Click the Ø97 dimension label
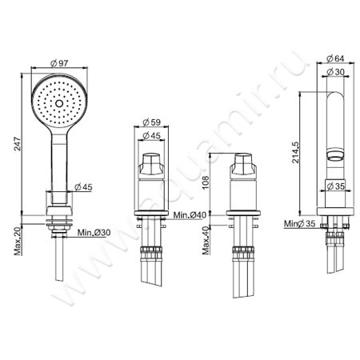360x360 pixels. click(x=59, y=63)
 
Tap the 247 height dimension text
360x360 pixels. click(x=18, y=144)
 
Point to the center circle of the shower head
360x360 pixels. click(x=59, y=103)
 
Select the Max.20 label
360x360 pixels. click(x=18, y=242)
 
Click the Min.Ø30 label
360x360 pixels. click(x=94, y=233)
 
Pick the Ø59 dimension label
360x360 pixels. click(x=151, y=122)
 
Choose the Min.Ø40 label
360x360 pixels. click(x=190, y=215)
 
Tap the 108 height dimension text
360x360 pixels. click(x=206, y=182)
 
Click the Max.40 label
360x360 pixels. click(x=206, y=240)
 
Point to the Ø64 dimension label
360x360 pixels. click(x=335, y=58)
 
